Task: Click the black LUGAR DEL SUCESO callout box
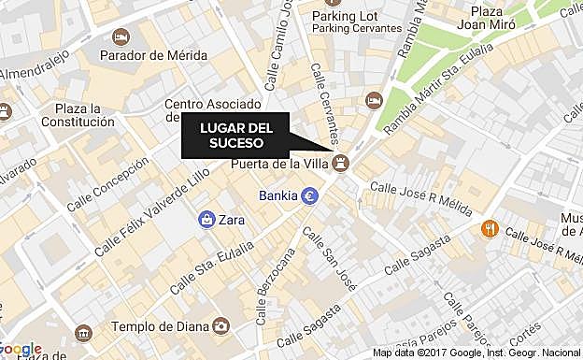point(235,137)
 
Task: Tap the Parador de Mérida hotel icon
point(121,36)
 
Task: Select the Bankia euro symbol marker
point(309,196)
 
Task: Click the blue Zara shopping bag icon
point(206,219)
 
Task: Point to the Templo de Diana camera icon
point(220,325)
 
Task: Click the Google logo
point(21,350)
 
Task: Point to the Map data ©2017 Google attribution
point(476,353)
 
